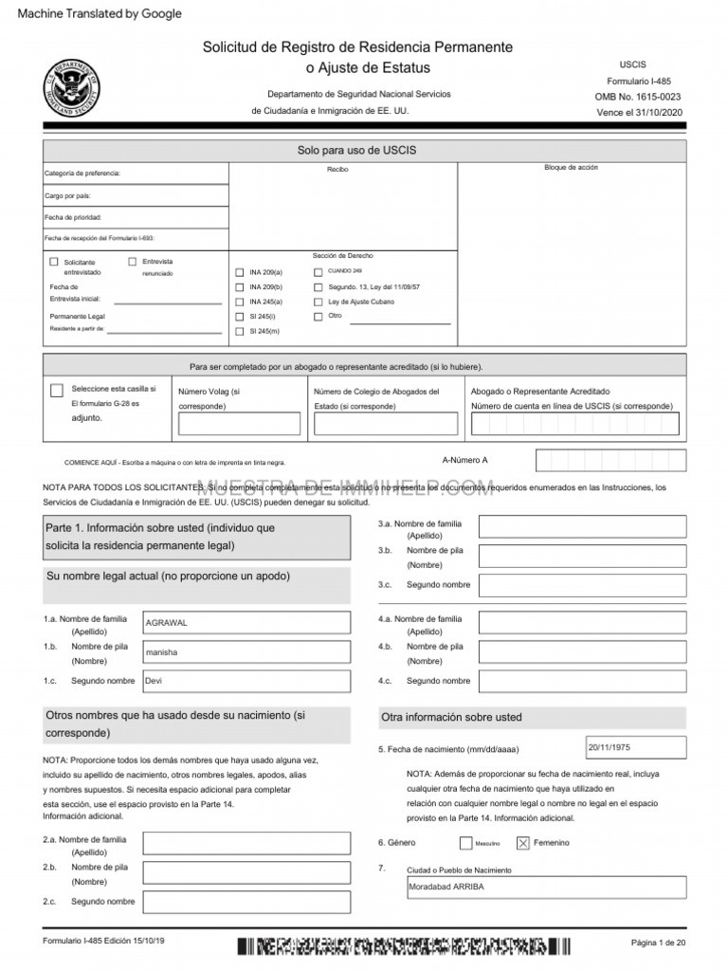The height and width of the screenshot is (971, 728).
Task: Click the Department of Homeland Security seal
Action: tap(70, 87)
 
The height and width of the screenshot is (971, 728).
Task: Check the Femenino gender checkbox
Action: tap(522, 842)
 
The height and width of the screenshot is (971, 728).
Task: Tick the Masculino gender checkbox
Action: tap(465, 842)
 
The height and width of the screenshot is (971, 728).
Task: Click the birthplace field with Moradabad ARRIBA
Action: tap(545, 887)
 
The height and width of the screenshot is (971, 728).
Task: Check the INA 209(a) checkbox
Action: tap(239, 272)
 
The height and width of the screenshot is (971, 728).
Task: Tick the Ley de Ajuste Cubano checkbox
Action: tap(318, 302)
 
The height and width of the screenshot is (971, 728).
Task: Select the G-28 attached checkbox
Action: tap(57, 391)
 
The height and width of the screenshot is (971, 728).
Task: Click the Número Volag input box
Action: tap(238, 423)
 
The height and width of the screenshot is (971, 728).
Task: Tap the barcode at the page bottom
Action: tap(404, 946)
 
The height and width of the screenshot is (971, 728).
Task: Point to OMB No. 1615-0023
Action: tap(637, 97)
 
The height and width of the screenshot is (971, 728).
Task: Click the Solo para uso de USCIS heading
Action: tap(356, 150)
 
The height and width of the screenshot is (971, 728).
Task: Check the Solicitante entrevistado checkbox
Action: tap(54, 262)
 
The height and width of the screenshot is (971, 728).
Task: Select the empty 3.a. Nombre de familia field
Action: tap(582, 526)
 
